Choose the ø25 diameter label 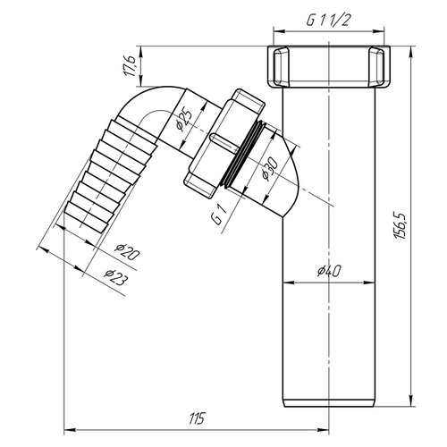(184, 118)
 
